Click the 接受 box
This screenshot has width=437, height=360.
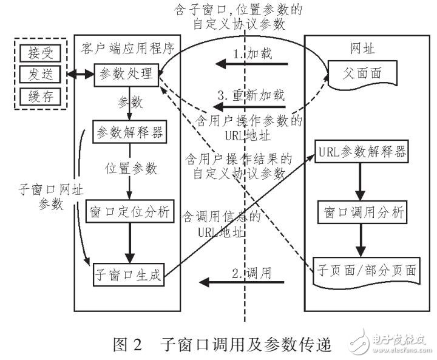pyautogui.click(x=41, y=52)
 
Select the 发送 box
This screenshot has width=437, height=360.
pyautogui.click(x=41, y=74)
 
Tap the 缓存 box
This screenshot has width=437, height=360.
pyautogui.click(x=41, y=96)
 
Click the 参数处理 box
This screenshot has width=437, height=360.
pyautogui.click(x=125, y=75)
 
